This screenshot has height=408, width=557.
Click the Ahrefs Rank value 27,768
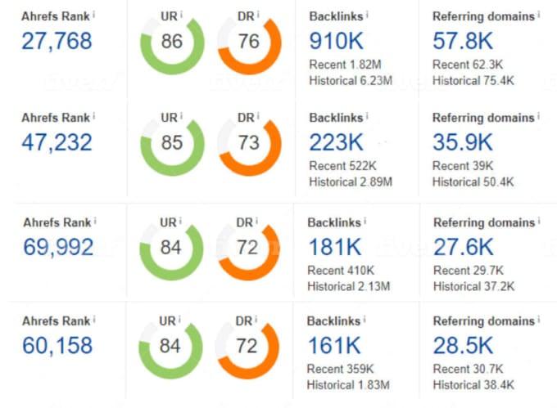[x=57, y=41]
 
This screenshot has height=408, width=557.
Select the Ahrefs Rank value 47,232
[x=57, y=142]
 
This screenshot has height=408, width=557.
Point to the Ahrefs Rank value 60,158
[x=57, y=346]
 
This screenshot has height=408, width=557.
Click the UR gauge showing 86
[x=172, y=42]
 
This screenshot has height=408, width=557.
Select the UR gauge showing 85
[x=172, y=144]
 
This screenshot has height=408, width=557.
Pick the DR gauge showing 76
[x=250, y=42]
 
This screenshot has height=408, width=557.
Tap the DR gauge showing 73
[x=250, y=144]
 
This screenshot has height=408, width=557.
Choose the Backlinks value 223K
[x=337, y=142]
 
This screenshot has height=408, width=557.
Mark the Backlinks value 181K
[x=334, y=246]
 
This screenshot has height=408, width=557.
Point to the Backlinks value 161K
[x=334, y=347]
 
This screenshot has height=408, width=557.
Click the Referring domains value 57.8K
[x=463, y=40]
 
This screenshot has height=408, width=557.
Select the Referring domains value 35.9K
[x=463, y=142]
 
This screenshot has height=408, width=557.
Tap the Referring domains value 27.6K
[x=463, y=246]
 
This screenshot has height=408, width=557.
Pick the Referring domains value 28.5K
[x=463, y=347]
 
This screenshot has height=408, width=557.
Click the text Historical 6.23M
[x=351, y=80]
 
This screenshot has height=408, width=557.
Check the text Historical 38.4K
[x=473, y=385]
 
